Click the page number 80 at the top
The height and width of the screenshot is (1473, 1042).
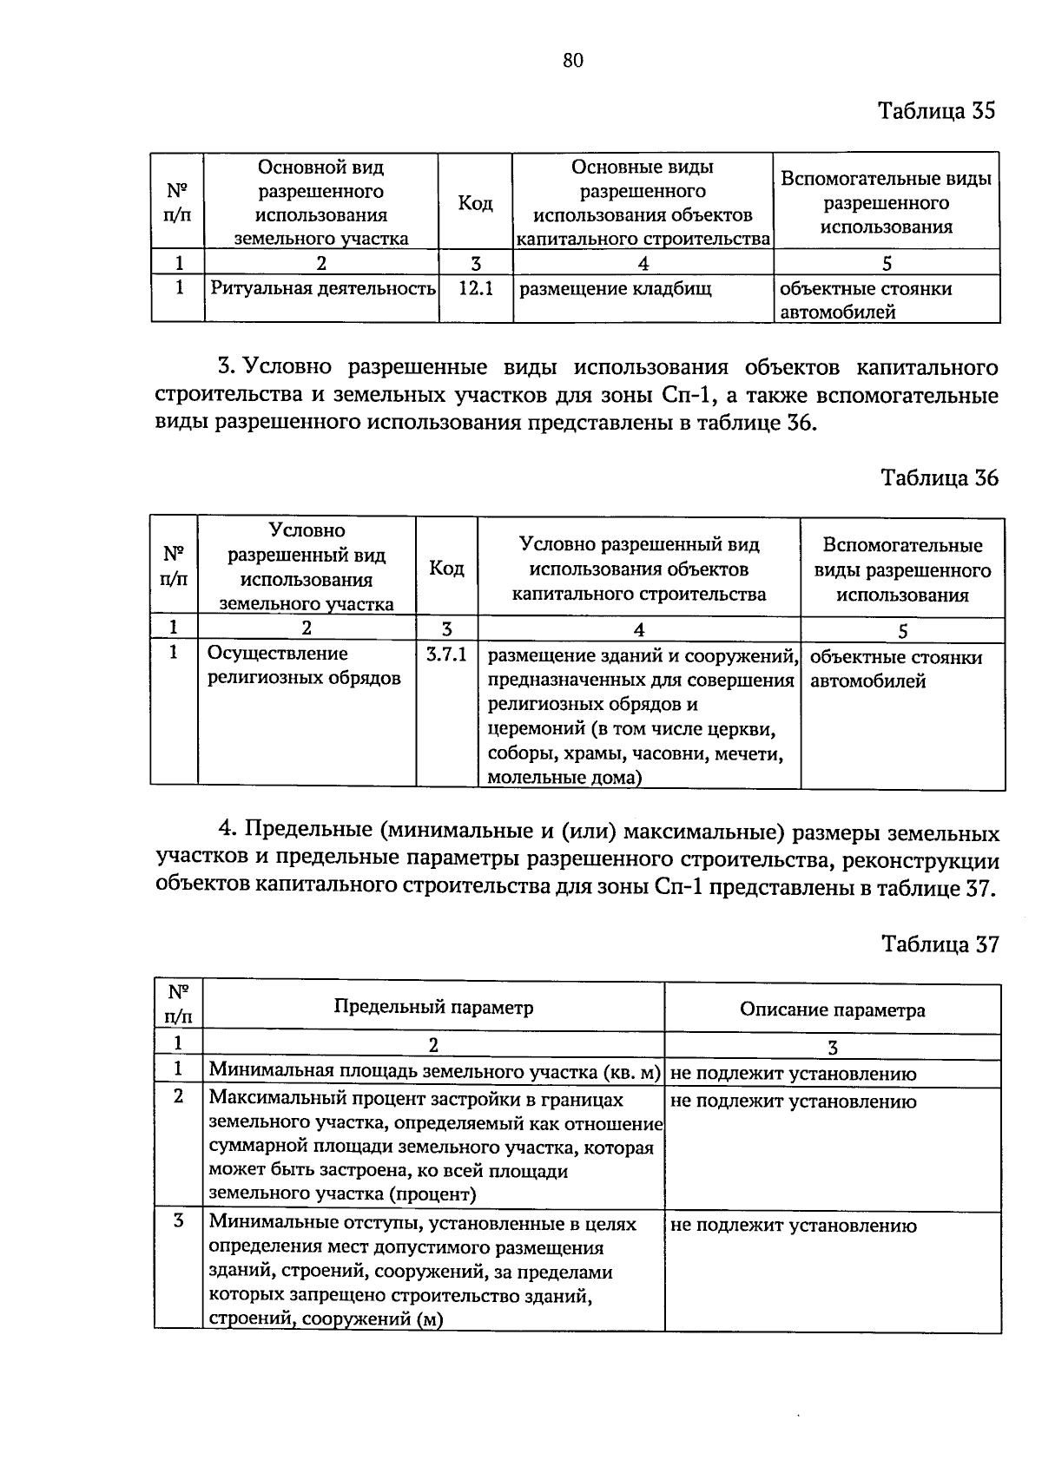(x=573, y=60)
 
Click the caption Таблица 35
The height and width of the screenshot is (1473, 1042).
(x=936, y=111)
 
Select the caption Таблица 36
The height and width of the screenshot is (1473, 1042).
(x=939, y=478)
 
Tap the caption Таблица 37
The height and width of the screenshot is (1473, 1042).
(x=940, y=944)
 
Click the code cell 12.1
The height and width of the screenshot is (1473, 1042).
(x=475, y=289)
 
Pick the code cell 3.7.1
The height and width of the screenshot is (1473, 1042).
(x=446, y=654)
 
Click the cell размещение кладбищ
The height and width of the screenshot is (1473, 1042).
(x=615, y=289)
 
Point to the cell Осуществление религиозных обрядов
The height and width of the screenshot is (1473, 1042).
(x=304, y=666)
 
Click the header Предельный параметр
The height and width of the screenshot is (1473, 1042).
(x=433, y=1008)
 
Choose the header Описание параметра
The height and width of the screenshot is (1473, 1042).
(x=832, y=1010)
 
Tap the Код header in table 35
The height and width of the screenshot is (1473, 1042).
(x=475, y=203)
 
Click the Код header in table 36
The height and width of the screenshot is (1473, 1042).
(x=446, y=569)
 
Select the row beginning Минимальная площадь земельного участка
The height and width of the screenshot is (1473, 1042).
(x=435, y=1073)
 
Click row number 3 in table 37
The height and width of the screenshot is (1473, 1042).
(x=179, y=1221)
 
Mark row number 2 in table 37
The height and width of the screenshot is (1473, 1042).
(x=179, y=1097)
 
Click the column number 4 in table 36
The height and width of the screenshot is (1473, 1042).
(x=639, y=629)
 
